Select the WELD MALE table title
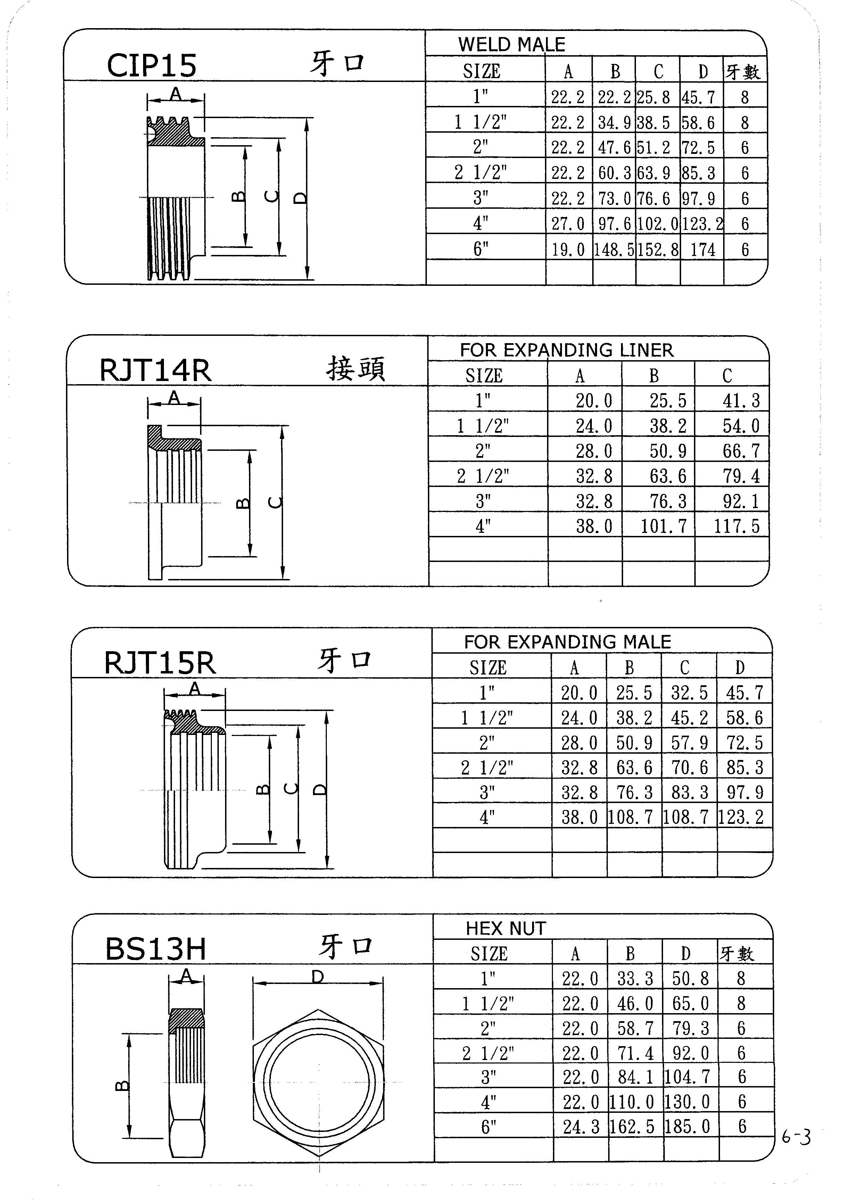pyautogui.click(x=512, y=44)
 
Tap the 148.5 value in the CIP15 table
pyautogui.click(x=614, y=250)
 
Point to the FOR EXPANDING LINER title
pyautogui.click(x=566, y=350)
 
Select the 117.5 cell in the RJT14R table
pyautogui.click(x=737, y=526)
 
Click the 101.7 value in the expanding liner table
pyautogui.click(x=664, y=526)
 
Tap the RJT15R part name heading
pyautogui.click(x=159, y=663)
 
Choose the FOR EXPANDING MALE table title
pyautogui.click(x=568, y=642)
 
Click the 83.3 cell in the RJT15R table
pyautogui.click(x=690, y=792)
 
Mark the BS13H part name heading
pyautogui.click(x=156, y=949)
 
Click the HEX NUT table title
pyautogui.click(x=506, y=928)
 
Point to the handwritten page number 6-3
pyautogui.click(x=796, y=1137)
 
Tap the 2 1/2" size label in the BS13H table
pyautogui.click(x=488, y=1053)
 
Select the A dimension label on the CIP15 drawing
pyautogui.click(x=176, y=94)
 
